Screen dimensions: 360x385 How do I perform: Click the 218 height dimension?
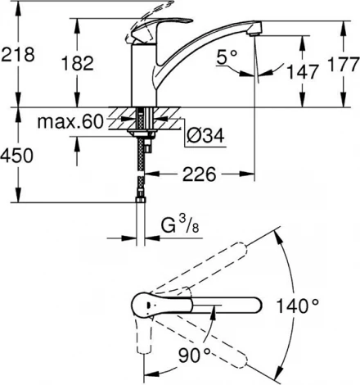click(18, 55)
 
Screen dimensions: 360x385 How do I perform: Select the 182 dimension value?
click(78, 63)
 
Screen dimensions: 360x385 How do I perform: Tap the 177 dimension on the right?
click(343, 65)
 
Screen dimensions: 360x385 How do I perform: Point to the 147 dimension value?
click(303, 72)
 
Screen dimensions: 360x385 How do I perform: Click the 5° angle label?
click(227, 57)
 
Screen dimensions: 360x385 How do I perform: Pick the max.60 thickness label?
click(70, 122)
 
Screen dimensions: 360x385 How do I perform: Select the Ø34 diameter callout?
click(206, 135)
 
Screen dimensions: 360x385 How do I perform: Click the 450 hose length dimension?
click(17, 156)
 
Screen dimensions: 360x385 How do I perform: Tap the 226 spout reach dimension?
click(200, 174)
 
